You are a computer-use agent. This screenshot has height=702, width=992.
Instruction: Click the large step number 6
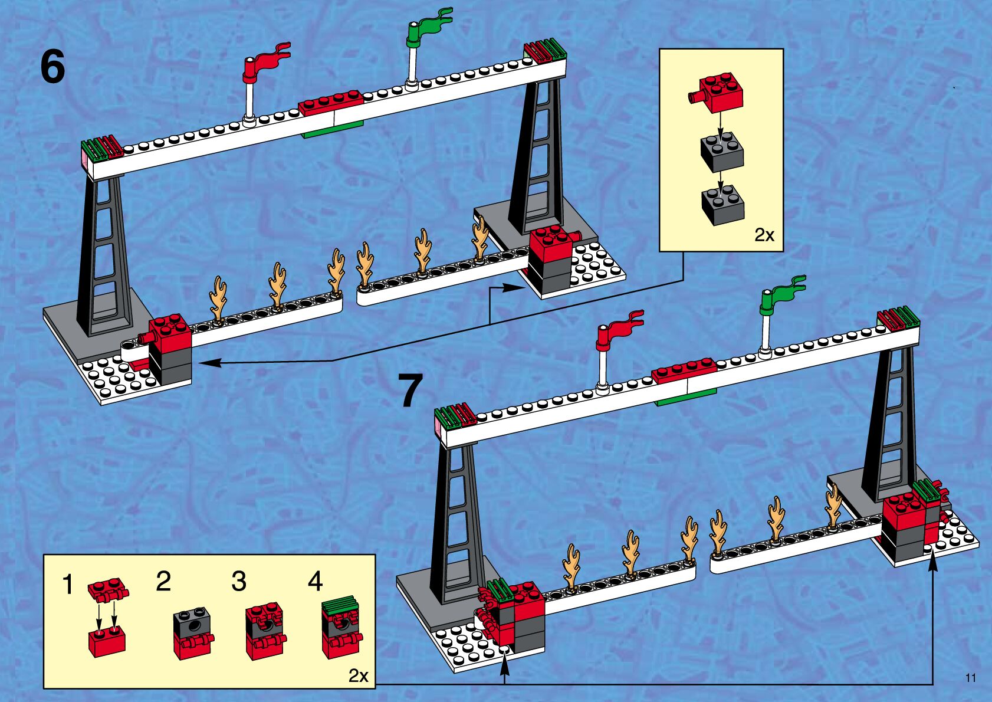tap(52, 67)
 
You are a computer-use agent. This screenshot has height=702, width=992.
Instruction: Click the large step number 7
tap(410, 391)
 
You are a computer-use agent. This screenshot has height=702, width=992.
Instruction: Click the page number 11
tap(970, 678)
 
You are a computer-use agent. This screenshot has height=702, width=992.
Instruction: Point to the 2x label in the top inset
tap(764, 235)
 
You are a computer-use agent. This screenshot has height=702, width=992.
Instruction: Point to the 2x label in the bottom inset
tap(358, 675)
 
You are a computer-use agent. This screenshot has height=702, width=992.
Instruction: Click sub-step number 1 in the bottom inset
tap(68, 585)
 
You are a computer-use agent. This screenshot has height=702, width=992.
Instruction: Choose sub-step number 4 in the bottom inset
tap(315, 581)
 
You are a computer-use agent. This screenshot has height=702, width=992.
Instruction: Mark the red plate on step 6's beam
tap(330, 102)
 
